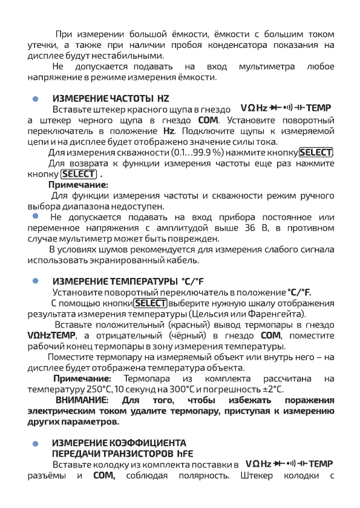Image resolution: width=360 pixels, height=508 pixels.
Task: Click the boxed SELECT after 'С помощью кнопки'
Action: [x=150, y=303]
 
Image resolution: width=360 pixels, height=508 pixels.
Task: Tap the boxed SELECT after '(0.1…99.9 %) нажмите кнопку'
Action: [x=316, y=153]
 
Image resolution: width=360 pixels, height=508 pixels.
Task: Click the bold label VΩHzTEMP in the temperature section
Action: [x=52, y=335]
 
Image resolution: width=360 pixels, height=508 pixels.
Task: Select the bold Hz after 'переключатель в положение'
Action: [x=169, y=131]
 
